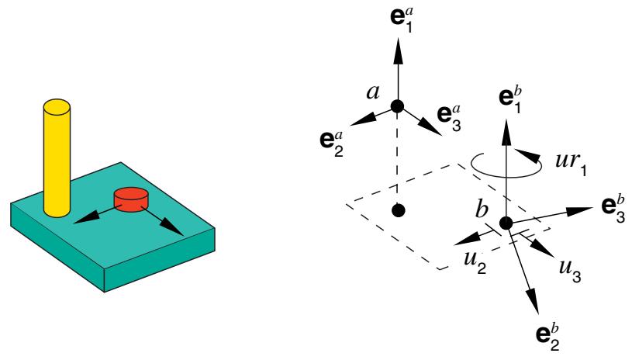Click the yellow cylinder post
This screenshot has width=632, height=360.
point(57,158)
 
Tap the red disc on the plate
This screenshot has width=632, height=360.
point(131,199)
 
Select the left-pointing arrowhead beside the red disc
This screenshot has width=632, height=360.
point(85,218)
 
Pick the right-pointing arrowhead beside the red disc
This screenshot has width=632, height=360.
point(174,229)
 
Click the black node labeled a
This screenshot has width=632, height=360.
point(397,106)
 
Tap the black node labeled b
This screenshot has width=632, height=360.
point(506,223)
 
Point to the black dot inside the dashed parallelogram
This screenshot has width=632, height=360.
point(399,210)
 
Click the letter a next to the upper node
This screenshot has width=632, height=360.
point(373,93)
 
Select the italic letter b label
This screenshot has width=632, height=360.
point(482,209)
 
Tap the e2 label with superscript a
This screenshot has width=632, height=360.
point(331,141)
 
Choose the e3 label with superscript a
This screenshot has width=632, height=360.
point(449,117)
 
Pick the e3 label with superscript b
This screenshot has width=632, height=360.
point(613,209)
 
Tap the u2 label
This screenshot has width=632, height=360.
point(475,263)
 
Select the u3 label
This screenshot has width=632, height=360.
point(569,271)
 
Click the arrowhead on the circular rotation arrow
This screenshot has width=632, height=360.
point(527,156)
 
